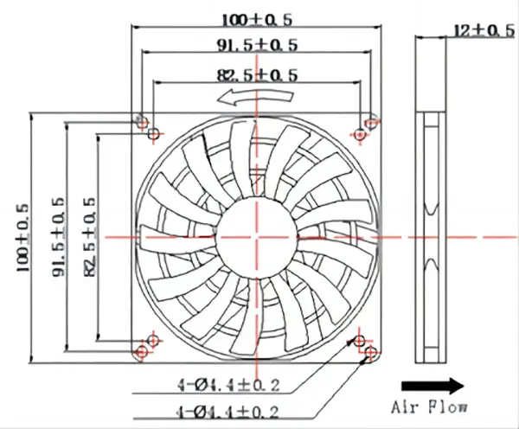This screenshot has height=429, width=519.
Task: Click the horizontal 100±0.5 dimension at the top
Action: pos(257,20)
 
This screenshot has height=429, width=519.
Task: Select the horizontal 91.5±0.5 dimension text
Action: pos(257,45)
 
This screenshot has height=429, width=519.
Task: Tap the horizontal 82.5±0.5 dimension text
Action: pos(257,75)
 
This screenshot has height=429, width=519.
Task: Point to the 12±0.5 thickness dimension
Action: pos(484,31)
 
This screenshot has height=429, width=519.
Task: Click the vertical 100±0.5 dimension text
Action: pos(23,238)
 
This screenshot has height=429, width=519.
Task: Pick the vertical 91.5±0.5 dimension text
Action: pos(58,237)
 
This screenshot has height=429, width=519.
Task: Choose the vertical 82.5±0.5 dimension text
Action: pos(90,237)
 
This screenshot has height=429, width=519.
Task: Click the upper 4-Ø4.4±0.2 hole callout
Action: pos(228,385)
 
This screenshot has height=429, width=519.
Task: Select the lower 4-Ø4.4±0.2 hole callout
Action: pos(228,412)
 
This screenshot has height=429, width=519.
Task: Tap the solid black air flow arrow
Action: pos(432,387)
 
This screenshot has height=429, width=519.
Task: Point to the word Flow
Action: pos(448,407)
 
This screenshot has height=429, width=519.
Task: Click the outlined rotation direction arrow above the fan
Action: pos(255,98)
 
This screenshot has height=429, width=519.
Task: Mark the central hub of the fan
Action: pos(256,237)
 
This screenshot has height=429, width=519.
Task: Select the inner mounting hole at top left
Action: pos(153,134)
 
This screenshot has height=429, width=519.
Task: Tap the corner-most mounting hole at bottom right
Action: pos(370,352)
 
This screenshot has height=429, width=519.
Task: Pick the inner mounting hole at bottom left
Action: pos(153,340)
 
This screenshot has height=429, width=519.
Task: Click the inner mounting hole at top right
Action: pos(360,135)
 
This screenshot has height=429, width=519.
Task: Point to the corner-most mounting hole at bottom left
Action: pos(143,351)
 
